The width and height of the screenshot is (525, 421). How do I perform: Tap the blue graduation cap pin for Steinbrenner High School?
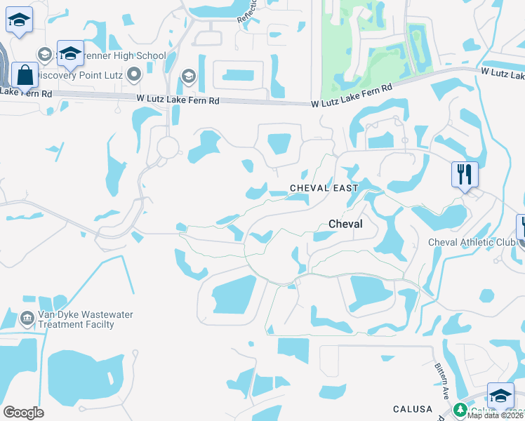[70, 53]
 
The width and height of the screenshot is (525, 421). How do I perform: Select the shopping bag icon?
[25, 74]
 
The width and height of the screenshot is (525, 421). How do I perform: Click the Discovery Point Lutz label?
[79, 75]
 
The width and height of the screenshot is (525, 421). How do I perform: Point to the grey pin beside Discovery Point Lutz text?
[134, 75]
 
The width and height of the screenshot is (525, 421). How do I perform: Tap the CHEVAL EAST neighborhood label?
[324, 188]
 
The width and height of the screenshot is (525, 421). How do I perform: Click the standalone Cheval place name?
[345, 224]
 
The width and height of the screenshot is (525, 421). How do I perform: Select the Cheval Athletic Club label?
[472, 243]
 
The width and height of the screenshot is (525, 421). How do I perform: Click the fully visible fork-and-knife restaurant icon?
[465, 174]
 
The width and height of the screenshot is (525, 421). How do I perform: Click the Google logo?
[23, 412]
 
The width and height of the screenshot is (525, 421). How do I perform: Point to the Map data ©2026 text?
[496, 415]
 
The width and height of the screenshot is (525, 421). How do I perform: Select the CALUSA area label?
[411, 410]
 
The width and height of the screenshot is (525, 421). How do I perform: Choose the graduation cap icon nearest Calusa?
[500, 395]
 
